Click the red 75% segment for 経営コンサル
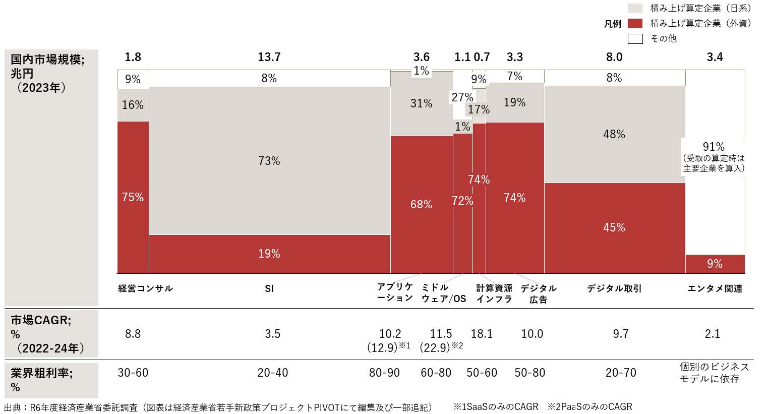pos(133,197)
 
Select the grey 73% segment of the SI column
pos(269,161)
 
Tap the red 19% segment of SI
pos(269,254)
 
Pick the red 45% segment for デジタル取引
pos(614,227)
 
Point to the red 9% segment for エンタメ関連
pos(715,264)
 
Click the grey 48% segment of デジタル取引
pos(614,134)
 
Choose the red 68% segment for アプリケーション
pos(421,204)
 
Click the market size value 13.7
pos(269,57)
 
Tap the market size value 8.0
pos(614,57)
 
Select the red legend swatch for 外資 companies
pos(635,23)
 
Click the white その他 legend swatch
pos(635,39)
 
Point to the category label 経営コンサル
pos(145,288)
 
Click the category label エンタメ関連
pos(715,288)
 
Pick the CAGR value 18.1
pos(482,334)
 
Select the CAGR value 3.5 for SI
pos(272,334)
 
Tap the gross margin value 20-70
pos(621,373)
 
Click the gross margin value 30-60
pos(133,373)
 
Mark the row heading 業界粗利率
pos(41,373)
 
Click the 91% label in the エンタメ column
pos(714,147)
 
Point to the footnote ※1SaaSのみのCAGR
pos(495,406)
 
